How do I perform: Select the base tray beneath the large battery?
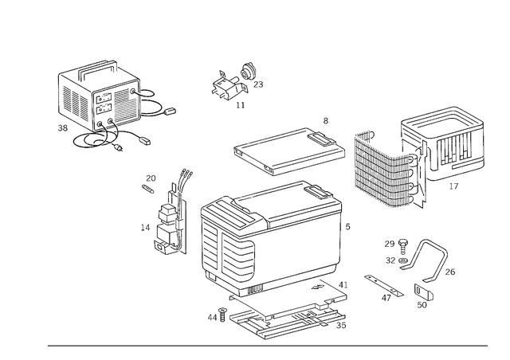pos(287,315)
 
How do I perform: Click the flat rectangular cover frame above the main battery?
pos(287,151)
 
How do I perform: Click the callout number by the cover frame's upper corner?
pos(325,120)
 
